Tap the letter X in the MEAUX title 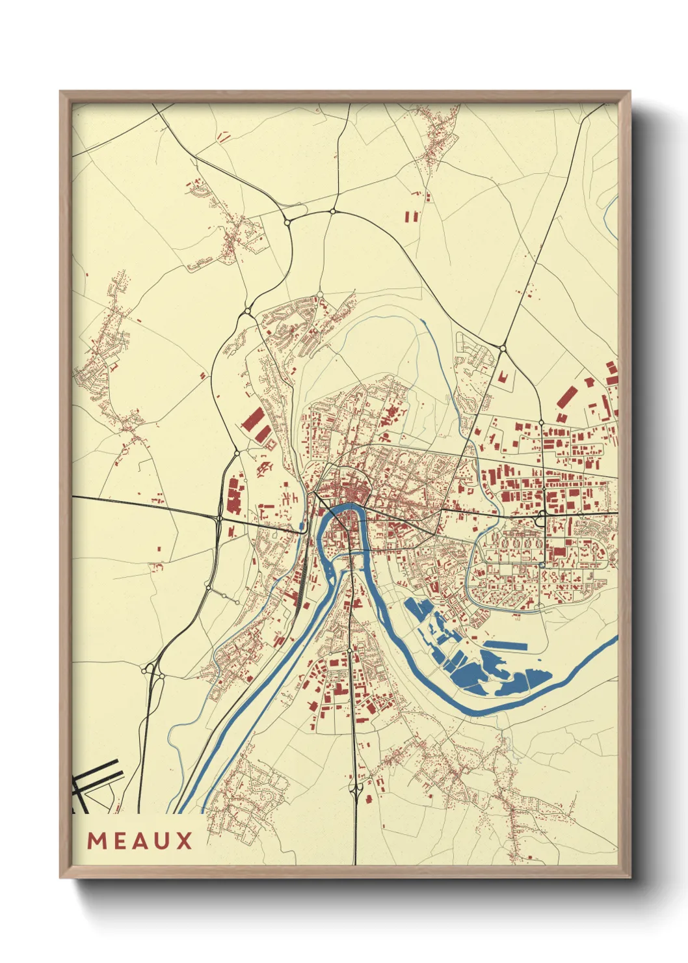184,841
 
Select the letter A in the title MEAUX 140,841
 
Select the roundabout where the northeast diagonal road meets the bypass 503,349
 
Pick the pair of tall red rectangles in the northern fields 412,216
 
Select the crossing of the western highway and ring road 218,518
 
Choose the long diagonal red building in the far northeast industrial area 566,396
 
